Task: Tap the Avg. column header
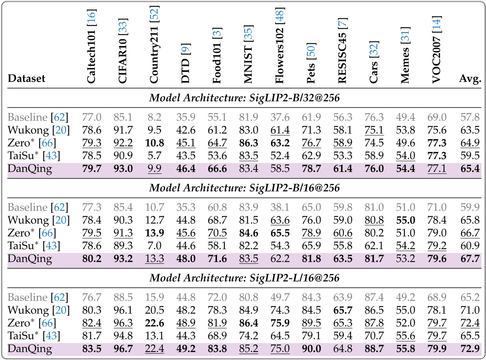(x=470, y=78)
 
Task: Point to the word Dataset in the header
(x=27, y=78)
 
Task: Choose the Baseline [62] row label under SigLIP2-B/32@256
(x=38, y=117)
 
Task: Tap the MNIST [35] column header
(x=249, y=55)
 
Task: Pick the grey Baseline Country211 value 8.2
(x=154, y=117)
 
